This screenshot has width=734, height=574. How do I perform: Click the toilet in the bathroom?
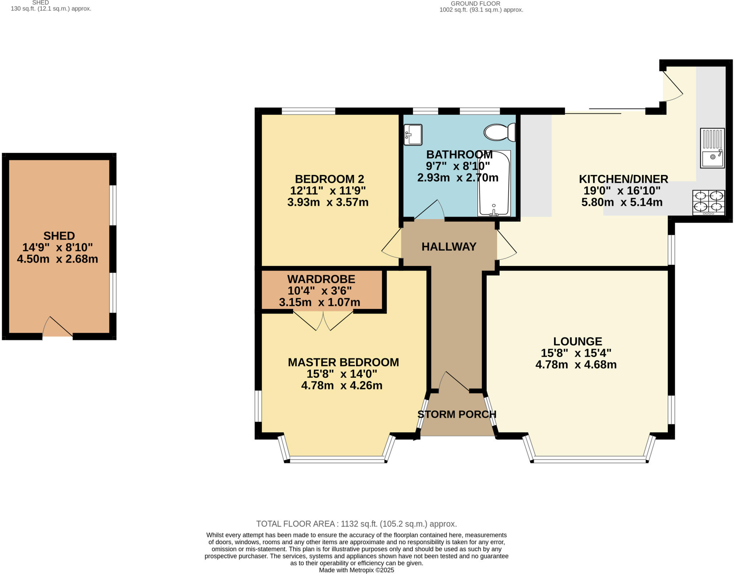(x=499, y=132)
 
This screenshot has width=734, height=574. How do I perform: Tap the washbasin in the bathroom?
(x=413, y=135)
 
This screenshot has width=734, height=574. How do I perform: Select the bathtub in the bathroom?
(x=494, y=184)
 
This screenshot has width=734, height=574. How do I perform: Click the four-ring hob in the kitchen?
(x=709, y=203)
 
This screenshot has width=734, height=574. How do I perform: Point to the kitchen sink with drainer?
(x=712, y=148)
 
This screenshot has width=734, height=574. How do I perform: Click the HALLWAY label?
(x=449, y=247)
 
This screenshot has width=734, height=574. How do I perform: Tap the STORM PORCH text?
(x=457, y=414)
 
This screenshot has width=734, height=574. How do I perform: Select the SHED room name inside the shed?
(x=59, y=236)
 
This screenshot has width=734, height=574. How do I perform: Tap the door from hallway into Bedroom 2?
(x=391, y=244)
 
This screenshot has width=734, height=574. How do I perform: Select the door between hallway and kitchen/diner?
(x=506, y=245)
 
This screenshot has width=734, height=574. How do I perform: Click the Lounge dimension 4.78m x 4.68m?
(x=576, y=365)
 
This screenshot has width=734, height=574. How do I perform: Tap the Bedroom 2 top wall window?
(x=308, y=111)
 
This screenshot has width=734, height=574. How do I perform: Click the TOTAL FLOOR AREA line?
(x=356, y=524)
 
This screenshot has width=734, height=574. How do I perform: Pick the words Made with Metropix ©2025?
(x=356, y=570)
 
